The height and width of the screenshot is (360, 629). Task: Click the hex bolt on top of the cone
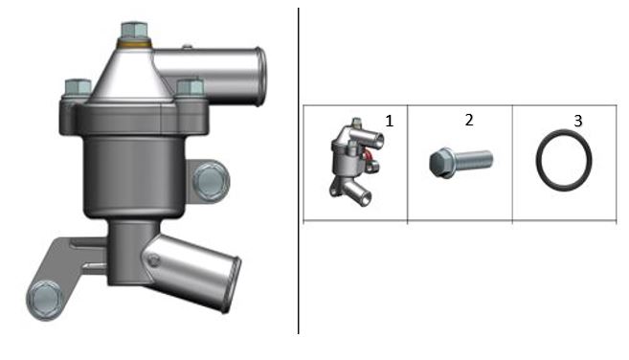click(x=134, y=30)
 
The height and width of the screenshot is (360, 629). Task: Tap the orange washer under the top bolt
click(x=134, y=42)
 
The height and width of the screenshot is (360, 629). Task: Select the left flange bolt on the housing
click(x=78, y=87)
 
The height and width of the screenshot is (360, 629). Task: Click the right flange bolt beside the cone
click(x=191, y=87)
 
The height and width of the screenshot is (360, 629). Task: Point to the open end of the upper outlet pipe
click(x=259, y=77)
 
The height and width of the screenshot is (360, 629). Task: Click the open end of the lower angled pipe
click(x=231, y=284)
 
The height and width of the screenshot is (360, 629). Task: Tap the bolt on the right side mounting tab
click(x=211, y=181)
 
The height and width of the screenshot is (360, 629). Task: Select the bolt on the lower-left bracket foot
click(x=45, y=300)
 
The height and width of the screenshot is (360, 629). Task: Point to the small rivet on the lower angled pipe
click(x=153, y=260)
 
